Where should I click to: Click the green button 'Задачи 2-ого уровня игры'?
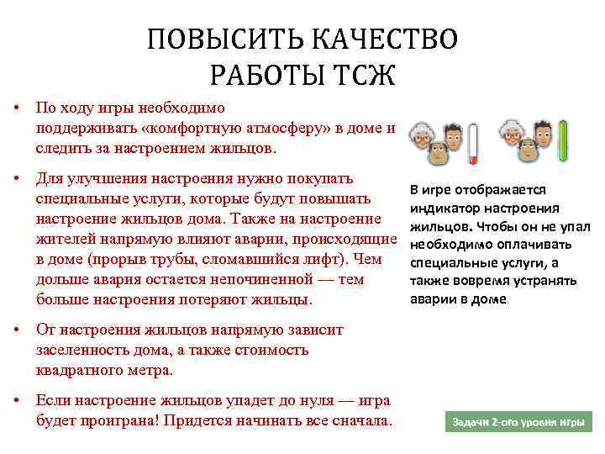point(518,420)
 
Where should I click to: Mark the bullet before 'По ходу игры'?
point(17,108)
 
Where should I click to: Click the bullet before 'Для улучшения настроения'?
point(17,179)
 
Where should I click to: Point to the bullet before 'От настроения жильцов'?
point(17,330)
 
